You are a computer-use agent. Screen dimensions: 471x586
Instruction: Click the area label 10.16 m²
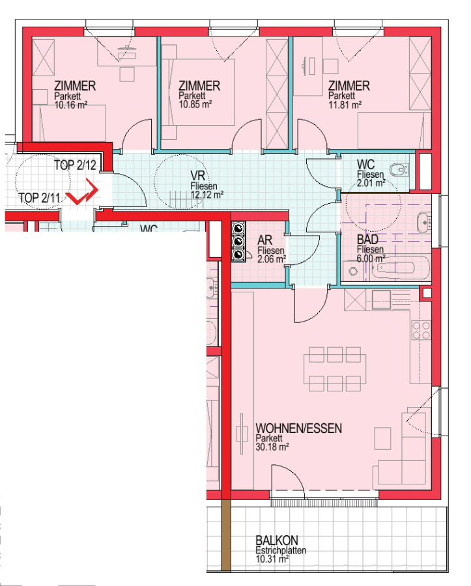[70, 105]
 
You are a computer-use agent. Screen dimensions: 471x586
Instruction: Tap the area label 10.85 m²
[195, 104]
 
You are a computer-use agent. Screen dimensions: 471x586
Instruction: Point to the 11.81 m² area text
[345, 105]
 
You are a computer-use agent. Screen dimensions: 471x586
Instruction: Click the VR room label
[198, 176]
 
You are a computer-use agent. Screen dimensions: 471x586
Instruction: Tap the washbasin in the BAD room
[424, 223]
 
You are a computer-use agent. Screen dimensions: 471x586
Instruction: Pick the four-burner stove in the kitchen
[421, 330]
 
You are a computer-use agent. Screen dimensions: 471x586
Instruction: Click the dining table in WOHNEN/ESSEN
[335, 369]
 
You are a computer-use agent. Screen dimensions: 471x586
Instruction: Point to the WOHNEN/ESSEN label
[298, 428]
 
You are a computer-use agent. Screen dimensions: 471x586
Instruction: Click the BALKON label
[277, 540]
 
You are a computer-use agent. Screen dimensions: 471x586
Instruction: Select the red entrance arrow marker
[82, 191]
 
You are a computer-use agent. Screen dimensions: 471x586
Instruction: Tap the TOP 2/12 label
[75, 165]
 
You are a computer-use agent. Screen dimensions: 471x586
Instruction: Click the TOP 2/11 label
[39, 197]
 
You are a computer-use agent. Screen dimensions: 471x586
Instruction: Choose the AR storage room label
[264, 240]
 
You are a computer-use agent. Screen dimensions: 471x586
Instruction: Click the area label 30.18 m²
[272, 447]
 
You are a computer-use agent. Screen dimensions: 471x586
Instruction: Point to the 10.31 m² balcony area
[272, 559]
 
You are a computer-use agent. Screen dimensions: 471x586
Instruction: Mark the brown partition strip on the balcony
[226, 535]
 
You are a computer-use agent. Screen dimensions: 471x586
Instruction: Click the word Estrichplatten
[281, 550]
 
